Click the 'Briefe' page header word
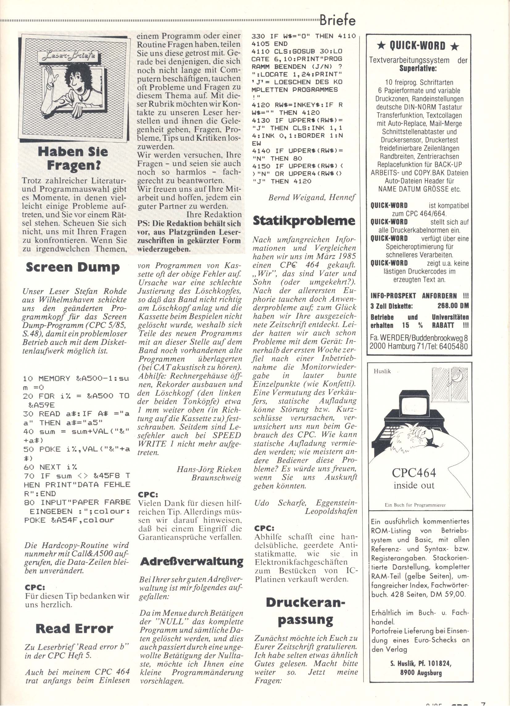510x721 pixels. pos(338,20)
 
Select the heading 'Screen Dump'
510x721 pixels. pos(73,267)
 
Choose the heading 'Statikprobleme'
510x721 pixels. pos(304,221)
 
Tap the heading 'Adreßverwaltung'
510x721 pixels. pos(192,561)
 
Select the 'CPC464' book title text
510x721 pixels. pos(414,472)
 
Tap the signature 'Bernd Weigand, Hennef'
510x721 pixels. pos(312,197)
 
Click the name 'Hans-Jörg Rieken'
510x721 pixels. pos(209,469)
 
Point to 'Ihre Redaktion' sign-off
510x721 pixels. pos(214,215)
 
